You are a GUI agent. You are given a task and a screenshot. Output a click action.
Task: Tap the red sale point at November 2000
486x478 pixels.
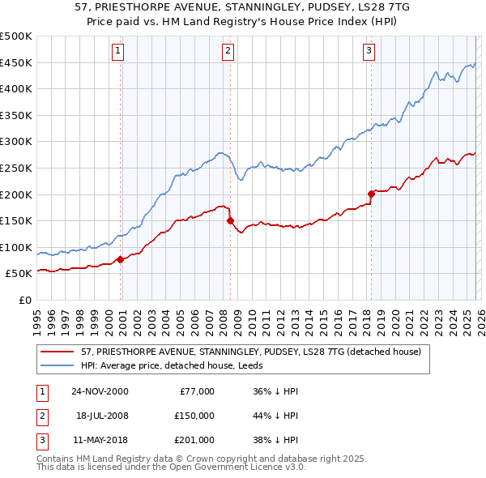tap(121, 259)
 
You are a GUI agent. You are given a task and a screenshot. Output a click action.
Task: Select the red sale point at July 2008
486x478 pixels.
tap(230, 220)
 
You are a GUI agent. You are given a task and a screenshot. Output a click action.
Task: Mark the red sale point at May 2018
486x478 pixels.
tap(371, 194)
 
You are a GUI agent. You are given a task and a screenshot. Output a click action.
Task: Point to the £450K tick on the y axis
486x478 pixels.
tap(16, 62)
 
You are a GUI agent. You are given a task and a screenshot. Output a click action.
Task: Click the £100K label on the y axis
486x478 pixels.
tap(16, 247)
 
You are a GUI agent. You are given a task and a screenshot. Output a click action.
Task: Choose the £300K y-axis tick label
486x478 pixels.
tap(16, 142)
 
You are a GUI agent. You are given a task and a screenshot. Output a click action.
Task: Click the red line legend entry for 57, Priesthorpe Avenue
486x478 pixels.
tap(250, 352)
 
